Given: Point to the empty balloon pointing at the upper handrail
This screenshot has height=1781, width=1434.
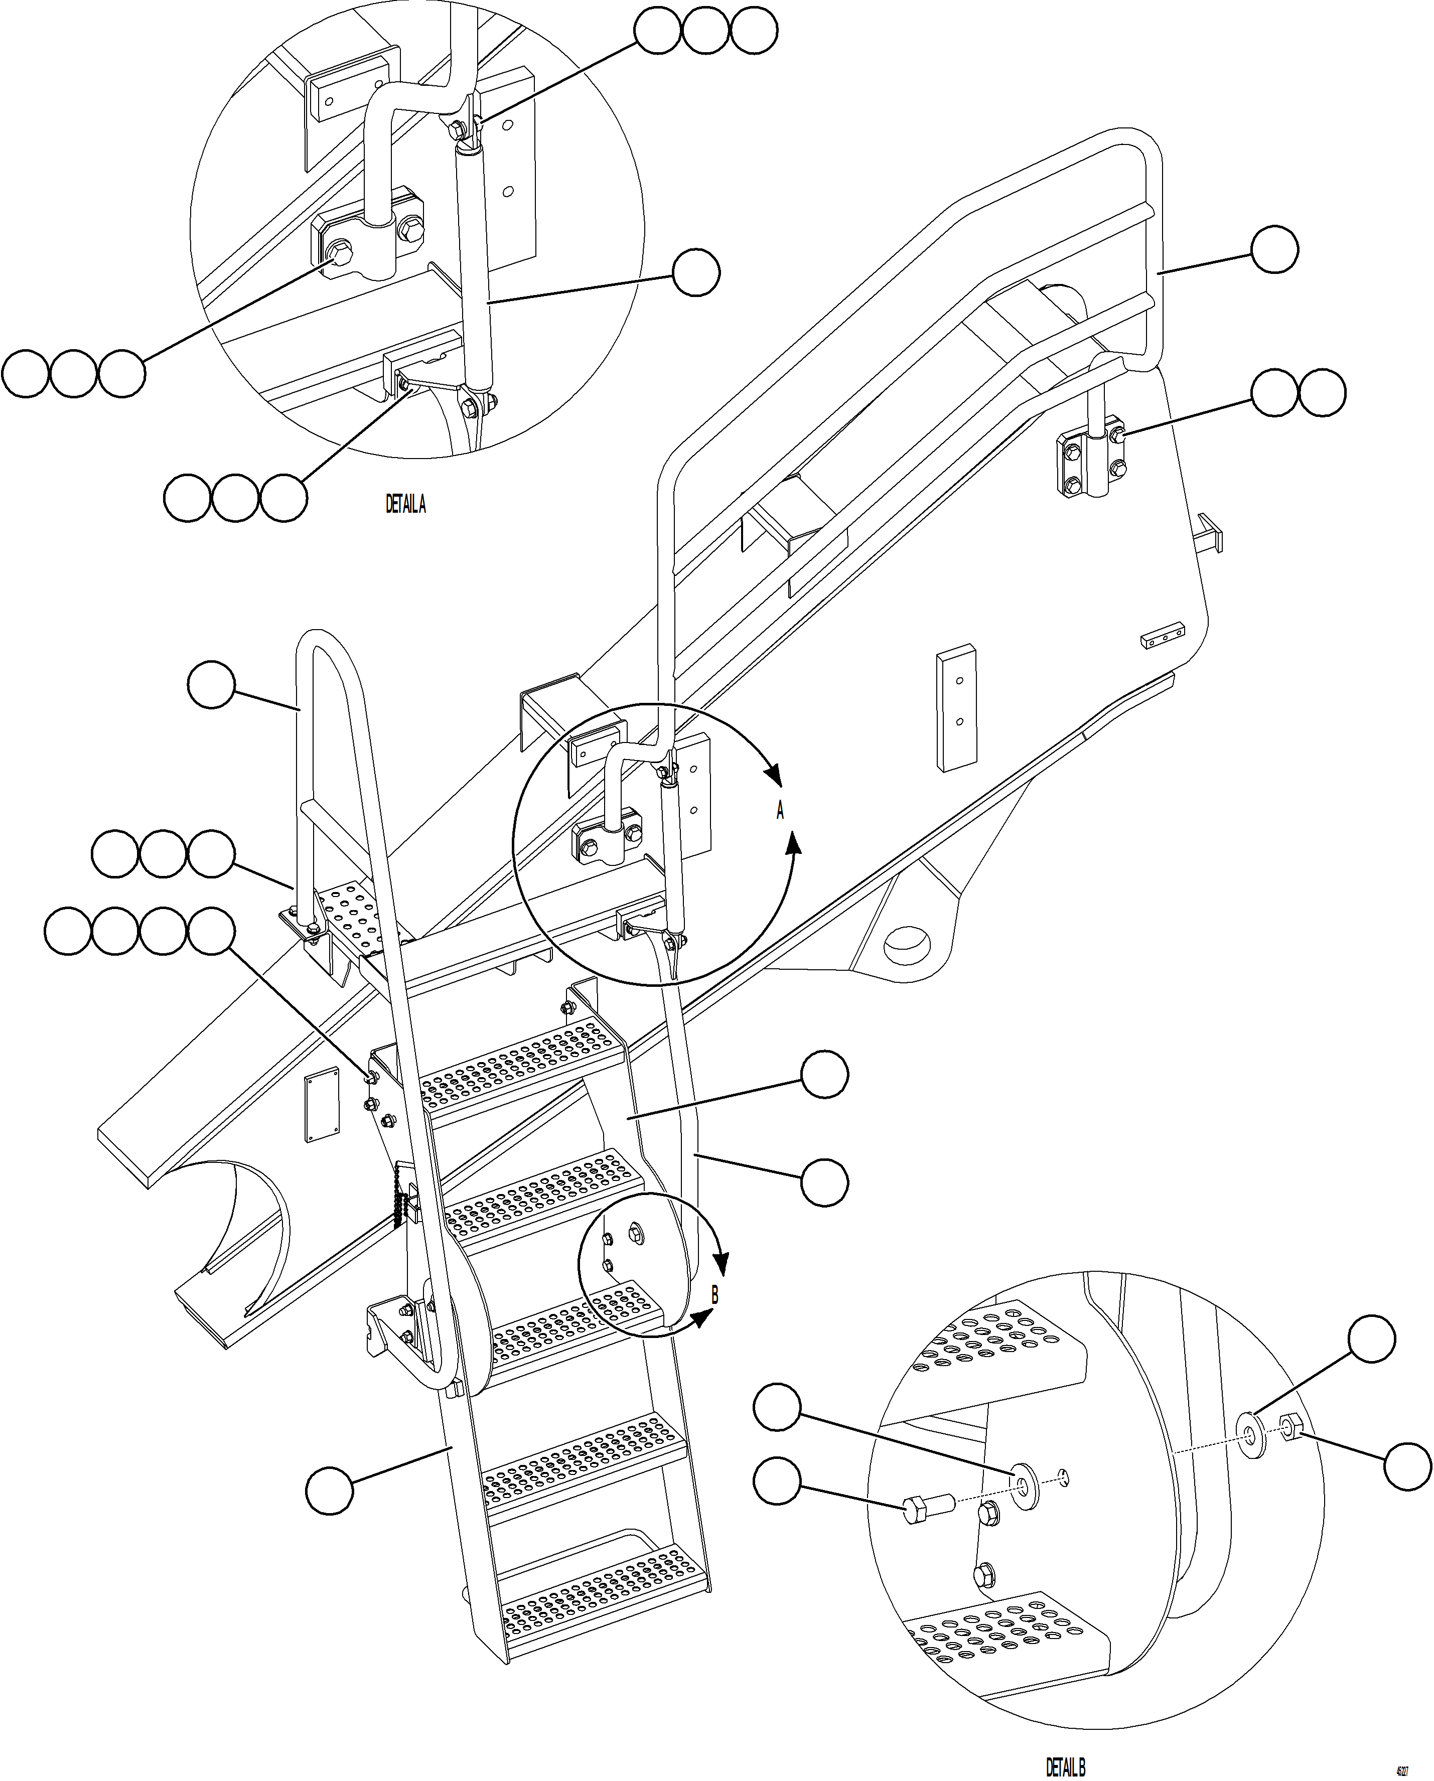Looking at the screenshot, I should (x=1274, y=249).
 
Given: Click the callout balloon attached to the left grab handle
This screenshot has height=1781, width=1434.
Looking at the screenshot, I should (x=211, y=684).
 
